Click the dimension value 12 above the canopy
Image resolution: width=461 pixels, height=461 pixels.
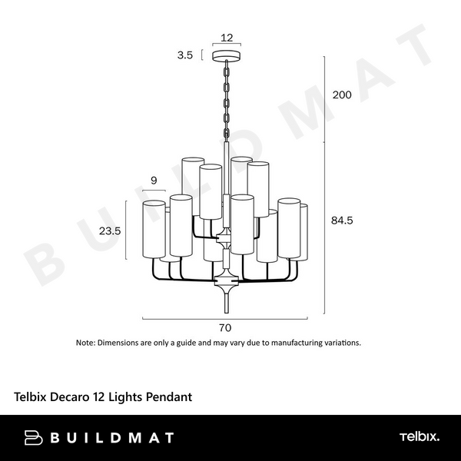coord(226,38)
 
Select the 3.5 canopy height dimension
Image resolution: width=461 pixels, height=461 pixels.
coord(184,55)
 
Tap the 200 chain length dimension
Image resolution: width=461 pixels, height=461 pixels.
coord(341,95)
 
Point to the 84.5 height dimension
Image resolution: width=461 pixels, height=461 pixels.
coord(342,221)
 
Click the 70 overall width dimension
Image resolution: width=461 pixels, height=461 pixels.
coord(226,327)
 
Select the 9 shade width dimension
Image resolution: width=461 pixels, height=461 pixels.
coord(154,181)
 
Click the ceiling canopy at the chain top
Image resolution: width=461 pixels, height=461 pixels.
coord(226,55)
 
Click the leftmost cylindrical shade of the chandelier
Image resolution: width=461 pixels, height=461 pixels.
coord(154,230)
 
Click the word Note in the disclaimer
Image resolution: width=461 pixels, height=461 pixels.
coord(85,343)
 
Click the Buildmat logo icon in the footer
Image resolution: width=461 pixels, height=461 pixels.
coord(33,438)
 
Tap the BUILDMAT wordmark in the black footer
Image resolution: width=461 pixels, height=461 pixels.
coord(111,438)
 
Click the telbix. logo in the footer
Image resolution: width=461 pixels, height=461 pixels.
coord(419,437)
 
